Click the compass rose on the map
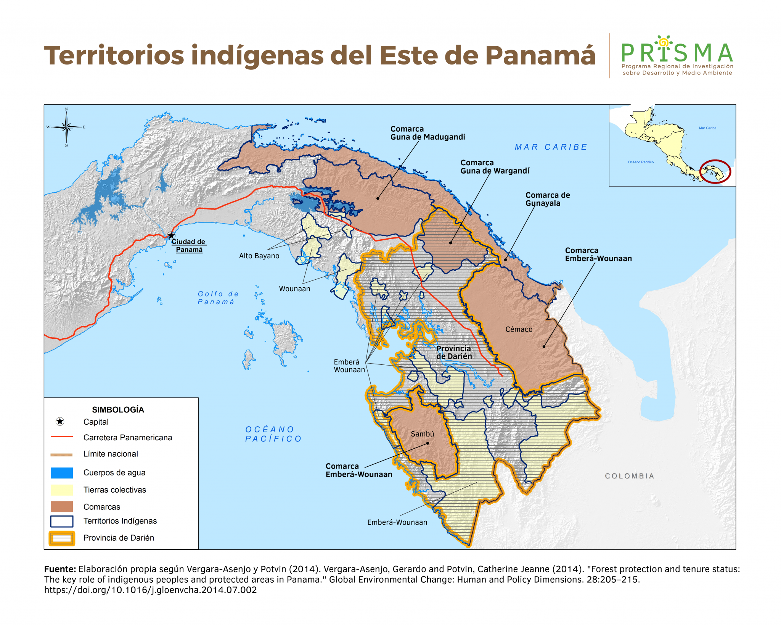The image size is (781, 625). [66, 127]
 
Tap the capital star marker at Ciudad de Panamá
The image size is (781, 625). [172, 235]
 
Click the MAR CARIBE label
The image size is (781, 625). [551, 147]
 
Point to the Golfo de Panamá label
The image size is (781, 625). [218, 298]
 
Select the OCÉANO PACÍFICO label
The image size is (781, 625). [273, 434]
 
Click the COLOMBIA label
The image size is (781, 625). [629, 476]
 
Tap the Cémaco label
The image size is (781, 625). [519, 329]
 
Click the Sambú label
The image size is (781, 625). [422, 434]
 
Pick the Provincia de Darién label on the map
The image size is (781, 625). [454, 352]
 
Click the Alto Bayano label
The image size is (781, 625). [259, 256]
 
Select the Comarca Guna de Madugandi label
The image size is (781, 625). [427, 133]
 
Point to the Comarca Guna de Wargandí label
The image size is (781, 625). [495, 167]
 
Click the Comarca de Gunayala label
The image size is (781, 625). [547, 199]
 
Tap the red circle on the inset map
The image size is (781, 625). [715, 171]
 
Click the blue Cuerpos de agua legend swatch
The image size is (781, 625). [62, 473]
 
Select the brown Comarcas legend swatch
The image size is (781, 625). [62, 507]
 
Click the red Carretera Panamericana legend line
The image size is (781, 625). [62, 437]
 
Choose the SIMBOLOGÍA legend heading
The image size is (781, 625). [118, 409]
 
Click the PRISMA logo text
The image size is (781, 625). [677, 53]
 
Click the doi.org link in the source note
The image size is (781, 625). [150, 590]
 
